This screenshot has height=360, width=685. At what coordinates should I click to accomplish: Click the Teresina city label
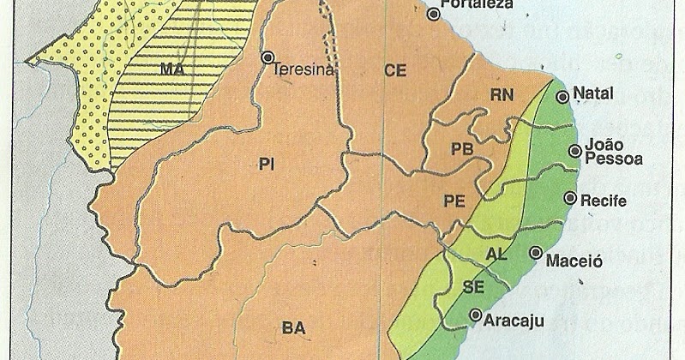[302, 73]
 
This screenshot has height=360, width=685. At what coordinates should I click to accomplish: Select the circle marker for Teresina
[267, 57]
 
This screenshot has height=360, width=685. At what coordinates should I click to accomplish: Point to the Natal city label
[592, 93]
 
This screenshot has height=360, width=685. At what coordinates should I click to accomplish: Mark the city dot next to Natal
[562, 97]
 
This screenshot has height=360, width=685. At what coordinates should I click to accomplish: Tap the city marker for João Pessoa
[574, 152]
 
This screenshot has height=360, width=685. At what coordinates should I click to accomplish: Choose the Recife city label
[604, 201]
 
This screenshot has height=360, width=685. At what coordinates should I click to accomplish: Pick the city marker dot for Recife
[568, 198]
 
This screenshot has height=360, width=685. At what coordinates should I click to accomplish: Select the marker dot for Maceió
[536, 253]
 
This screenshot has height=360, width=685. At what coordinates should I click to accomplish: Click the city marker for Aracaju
[475, 315]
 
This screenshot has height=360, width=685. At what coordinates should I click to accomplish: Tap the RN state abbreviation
[502, 94]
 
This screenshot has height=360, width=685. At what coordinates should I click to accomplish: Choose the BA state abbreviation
[292, 326]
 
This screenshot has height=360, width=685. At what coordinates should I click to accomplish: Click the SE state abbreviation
[473, 286]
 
